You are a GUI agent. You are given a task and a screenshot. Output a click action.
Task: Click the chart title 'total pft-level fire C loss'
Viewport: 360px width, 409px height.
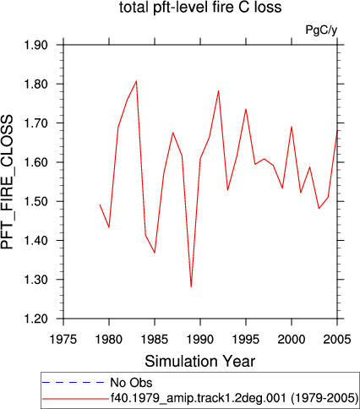coord(200,7)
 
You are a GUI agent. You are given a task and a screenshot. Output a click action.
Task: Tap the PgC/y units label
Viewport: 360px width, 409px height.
coord(321,30)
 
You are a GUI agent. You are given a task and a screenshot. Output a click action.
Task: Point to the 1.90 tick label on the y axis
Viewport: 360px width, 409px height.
coord(35,45)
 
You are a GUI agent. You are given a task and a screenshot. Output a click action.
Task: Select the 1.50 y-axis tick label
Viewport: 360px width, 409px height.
coord(35,201)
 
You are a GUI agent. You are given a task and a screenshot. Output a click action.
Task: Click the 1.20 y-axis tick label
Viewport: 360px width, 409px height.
coord(35,319)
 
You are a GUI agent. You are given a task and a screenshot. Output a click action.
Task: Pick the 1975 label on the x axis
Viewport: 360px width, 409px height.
coord(63,339)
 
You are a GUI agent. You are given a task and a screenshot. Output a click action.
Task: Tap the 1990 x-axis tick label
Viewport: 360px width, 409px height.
coord(200,339)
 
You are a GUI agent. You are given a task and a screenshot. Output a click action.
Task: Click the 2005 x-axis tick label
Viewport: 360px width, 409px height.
coord(337,339)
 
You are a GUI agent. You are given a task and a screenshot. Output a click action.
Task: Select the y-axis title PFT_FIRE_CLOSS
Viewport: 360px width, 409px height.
coord(7,182)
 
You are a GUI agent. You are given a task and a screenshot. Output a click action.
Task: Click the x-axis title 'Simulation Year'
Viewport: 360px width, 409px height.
coord(200,361)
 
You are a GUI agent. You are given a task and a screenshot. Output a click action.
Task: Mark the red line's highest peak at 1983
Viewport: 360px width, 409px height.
coord(136,81)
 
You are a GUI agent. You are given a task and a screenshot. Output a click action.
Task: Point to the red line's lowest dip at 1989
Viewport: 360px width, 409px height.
coord(191,286)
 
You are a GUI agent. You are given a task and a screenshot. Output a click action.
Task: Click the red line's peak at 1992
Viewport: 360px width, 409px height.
coord(218,90)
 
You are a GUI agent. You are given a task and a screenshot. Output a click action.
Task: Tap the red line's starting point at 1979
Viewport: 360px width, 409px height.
coord(100,204)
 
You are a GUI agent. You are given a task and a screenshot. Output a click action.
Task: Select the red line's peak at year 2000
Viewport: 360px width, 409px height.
coord(292,127)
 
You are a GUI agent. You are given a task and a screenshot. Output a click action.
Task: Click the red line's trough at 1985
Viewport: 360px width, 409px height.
coord(155,253)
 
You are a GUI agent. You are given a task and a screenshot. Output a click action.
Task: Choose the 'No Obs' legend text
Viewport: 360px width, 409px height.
coord(131,383)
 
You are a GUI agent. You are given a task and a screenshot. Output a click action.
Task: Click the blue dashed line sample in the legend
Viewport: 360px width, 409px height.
coord(74,383)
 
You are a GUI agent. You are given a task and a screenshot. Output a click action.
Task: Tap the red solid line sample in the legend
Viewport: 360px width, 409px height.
coord(75,399)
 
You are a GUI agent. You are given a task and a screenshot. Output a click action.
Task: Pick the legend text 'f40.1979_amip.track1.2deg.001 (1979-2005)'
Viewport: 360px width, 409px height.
coord(234,398)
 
